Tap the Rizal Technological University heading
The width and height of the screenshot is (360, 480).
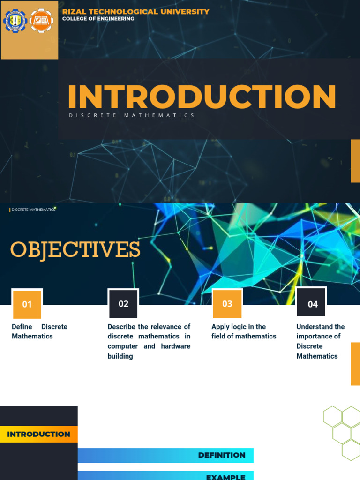coord(136,12)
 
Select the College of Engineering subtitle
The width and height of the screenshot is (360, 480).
coord(98,19)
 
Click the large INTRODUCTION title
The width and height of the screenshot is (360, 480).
coord(202,97)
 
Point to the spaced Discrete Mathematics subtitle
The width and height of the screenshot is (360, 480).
coord(132,115)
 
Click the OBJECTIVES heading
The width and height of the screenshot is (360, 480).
coord(75,250)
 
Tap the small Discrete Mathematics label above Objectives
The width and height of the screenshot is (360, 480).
coord(33,210)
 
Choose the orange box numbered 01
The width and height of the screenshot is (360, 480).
coord(27,304)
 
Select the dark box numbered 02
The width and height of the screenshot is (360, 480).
coord(123,304)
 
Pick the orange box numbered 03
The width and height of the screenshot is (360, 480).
coord(227,304)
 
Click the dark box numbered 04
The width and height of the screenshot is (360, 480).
coord(312,304)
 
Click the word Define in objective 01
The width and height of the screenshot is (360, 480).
coord(22,327)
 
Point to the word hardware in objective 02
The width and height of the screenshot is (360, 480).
coord(175,346)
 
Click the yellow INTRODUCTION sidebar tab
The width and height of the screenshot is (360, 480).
coord(39,434)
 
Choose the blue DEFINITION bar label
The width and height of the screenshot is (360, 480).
coord(222,455)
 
